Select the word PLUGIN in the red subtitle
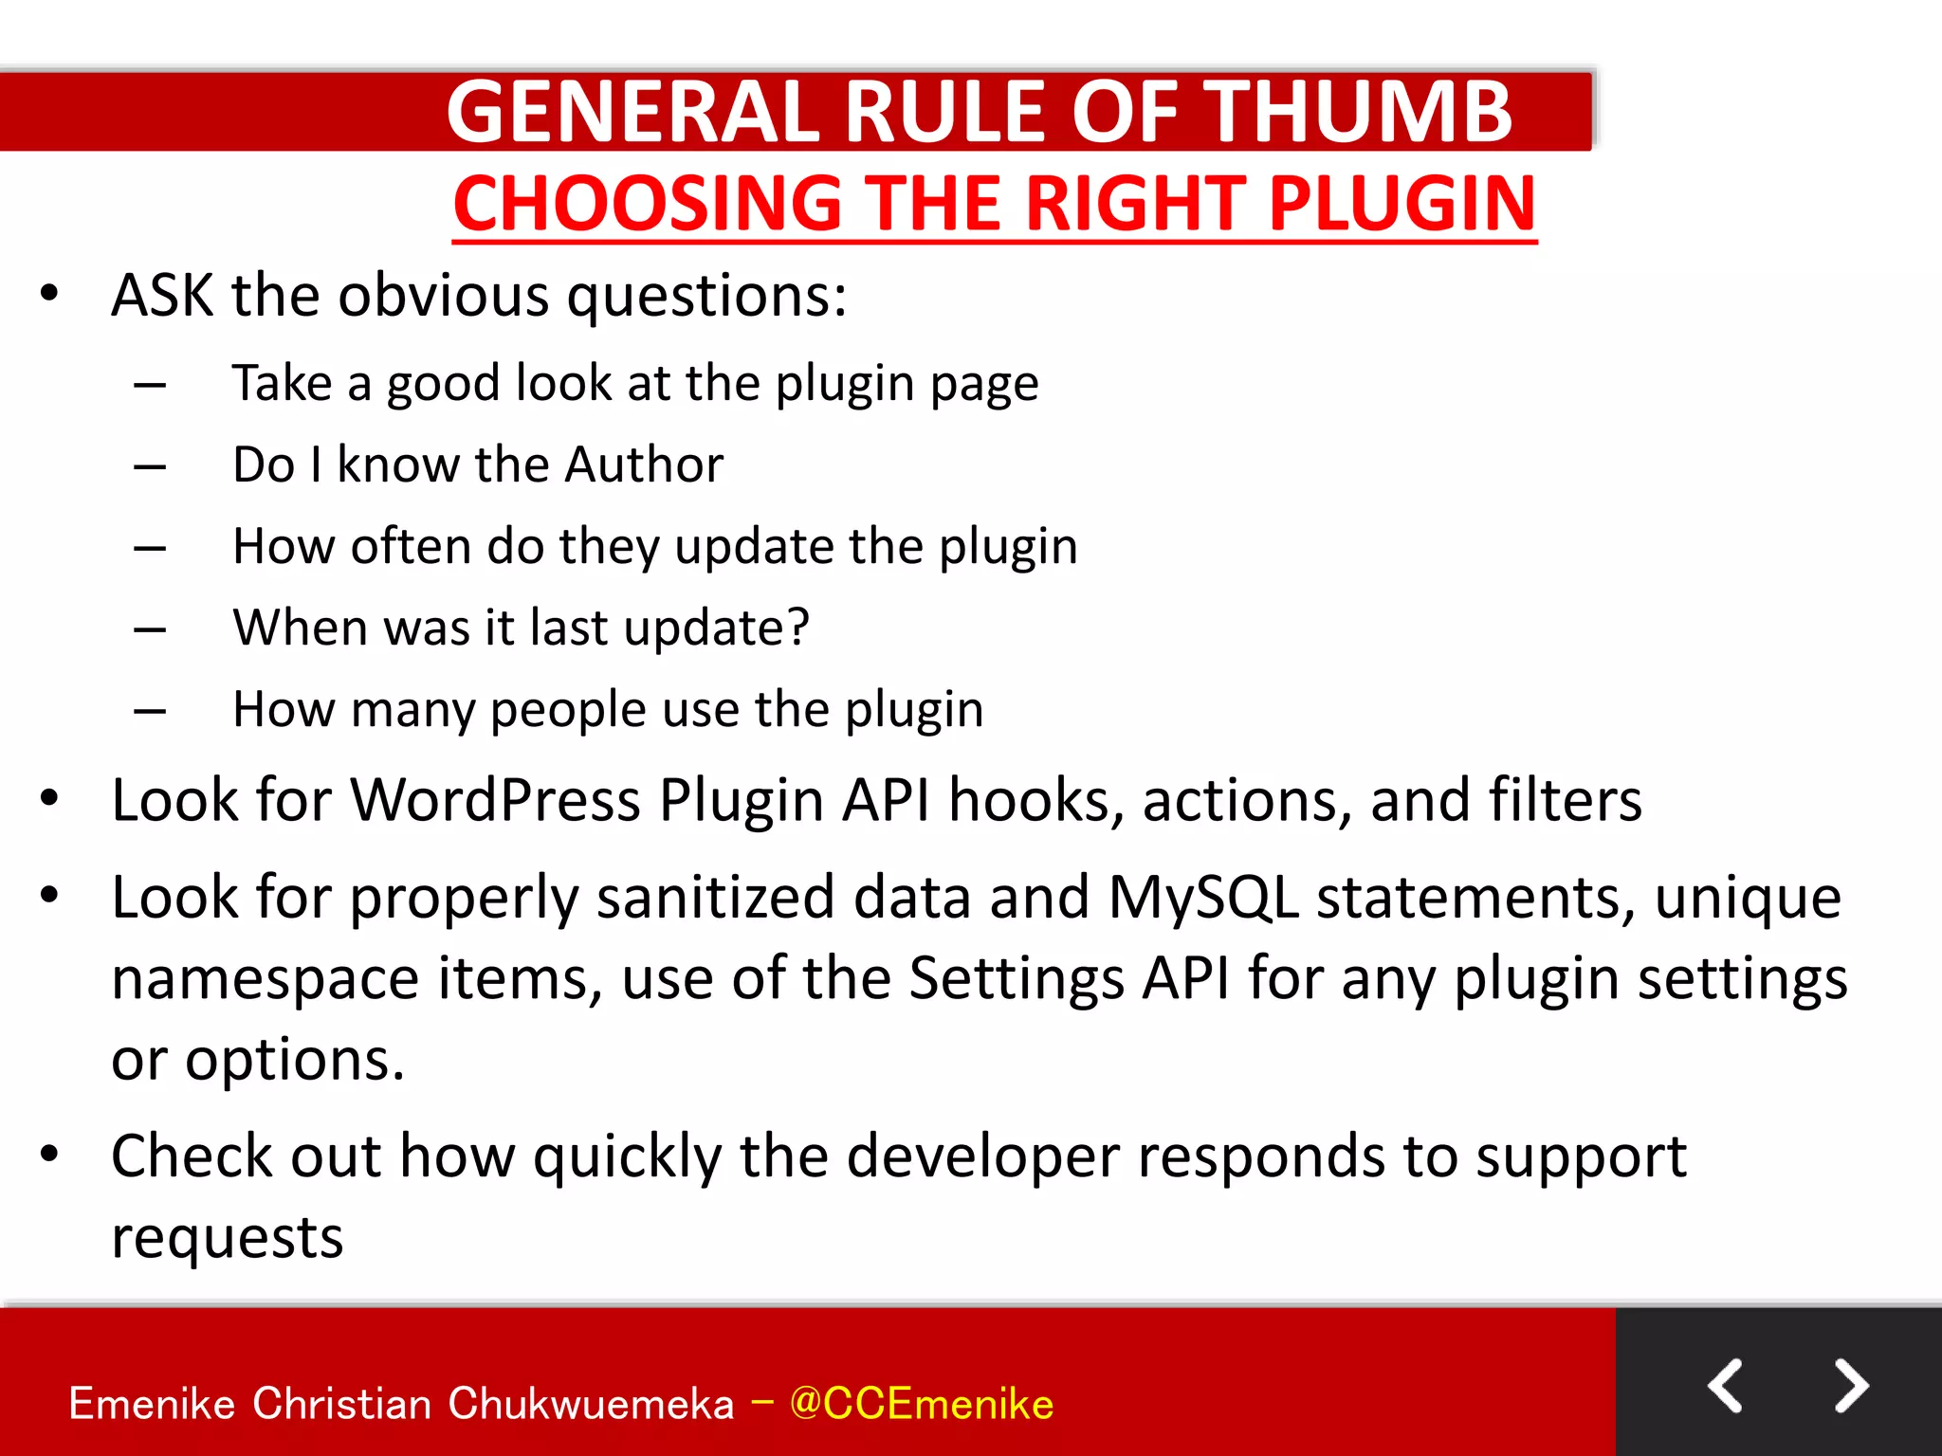point(1402,204)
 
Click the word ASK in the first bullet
point(162,296)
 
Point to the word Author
point(644,464)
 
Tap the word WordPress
point(496,800)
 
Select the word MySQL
point(1203,897)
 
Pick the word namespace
point(265,979)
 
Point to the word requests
point(227,1238)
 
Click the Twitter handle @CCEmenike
point(921,1403)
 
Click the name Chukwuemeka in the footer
point(591,1403)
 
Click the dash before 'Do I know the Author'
point(150,466)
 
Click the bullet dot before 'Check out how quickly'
point(49,1154)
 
